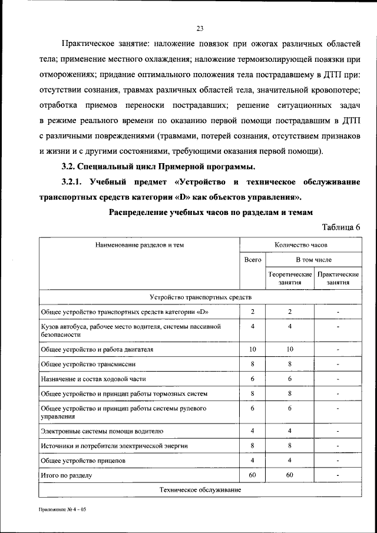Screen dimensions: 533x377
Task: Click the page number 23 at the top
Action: click(200, 28)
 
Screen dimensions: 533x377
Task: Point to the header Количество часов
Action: click(301, 244)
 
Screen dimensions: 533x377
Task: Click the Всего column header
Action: click(252, 260)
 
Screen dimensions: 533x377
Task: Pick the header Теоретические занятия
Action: click(290, 278)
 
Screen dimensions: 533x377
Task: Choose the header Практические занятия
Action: click(338, 278)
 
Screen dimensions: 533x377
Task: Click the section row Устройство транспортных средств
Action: click(200, 297)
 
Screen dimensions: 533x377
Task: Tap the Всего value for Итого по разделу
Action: click(252, 474)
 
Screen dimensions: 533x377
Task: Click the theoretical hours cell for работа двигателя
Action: click(290, 349)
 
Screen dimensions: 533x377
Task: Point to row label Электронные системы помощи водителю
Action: click(106, 431)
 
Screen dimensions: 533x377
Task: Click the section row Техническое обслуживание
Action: click(200, 489)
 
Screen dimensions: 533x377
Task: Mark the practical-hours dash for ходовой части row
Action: click(338, 379)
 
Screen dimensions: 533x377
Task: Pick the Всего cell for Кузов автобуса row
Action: click(252, 326)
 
